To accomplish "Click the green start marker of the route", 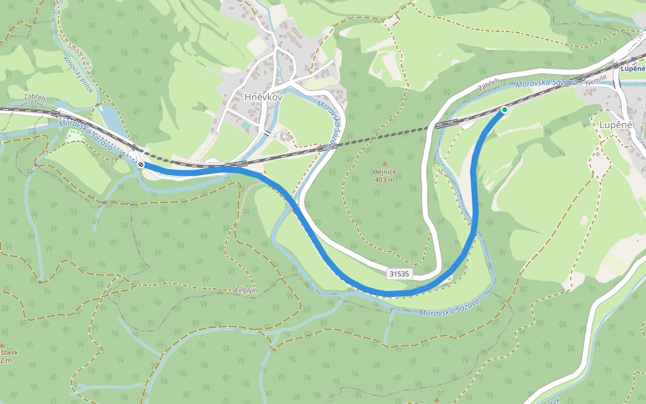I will coord(504,110).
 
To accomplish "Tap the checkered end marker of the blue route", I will coord(141,164).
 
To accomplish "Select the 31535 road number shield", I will coord(399,273).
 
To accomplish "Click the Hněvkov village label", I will coord(262,97).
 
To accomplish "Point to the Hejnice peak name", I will coord(385,172).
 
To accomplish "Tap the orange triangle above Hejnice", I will coord(385,164).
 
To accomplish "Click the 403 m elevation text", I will coord(385,180).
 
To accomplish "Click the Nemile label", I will coord(596,79).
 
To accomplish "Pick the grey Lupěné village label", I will coord(616,125).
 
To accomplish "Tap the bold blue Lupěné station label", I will coord(633,68).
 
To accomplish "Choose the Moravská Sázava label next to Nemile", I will coord(546,83).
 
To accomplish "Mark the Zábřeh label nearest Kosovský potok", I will coord(34,97).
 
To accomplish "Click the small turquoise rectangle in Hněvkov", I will coord(246,126).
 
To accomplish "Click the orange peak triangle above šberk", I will coord(2,345).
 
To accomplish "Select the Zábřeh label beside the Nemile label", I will coord(489,86).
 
